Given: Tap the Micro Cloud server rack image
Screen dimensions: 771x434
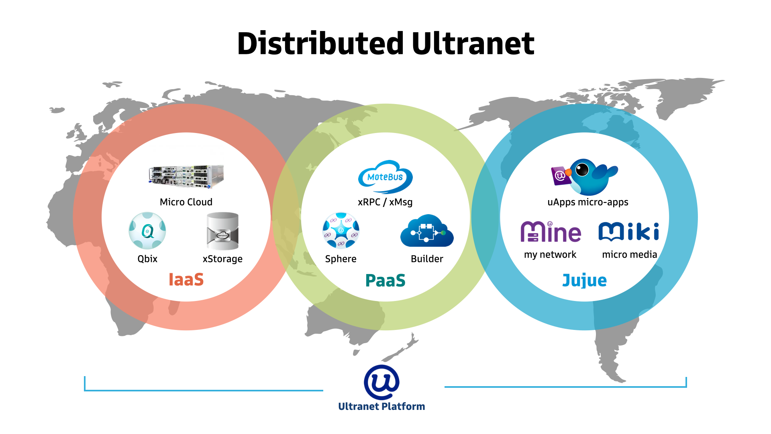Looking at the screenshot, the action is point(186,176).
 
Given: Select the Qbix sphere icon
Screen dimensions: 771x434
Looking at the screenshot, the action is point(147,231).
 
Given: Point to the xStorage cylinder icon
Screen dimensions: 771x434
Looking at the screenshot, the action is point(222,231).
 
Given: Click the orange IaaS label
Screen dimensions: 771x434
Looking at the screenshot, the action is point(186,280).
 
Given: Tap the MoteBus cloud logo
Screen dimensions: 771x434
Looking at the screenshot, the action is point(385,177).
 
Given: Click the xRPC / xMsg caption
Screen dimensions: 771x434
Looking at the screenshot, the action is point(385,202).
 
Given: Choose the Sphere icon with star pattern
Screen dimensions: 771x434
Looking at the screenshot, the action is point(341,231).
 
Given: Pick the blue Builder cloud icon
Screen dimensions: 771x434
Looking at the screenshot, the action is point(427,231).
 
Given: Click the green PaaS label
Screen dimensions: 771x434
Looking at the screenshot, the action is point(385,280).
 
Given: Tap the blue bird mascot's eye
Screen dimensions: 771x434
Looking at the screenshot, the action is point(582,170).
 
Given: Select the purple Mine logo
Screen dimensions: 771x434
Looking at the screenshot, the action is point(551,232).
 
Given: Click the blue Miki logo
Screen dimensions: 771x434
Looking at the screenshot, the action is point(628,231).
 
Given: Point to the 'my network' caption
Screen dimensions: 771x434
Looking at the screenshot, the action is point(550,255).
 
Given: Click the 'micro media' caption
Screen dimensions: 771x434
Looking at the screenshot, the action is point(629,255).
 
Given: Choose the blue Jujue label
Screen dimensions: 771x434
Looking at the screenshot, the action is point(584,280).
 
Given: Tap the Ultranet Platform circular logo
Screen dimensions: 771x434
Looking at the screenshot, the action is point(381,383).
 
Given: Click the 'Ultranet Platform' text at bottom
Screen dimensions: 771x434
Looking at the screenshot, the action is point(381,407).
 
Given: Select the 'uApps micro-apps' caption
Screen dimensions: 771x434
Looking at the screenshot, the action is point(587,202).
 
